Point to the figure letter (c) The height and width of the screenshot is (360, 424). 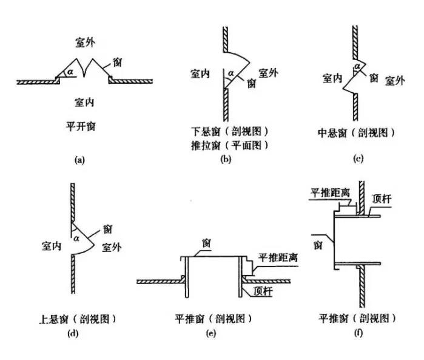pos(358,158)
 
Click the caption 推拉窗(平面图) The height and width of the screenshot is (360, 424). pos(228,144)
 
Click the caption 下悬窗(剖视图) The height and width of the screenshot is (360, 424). pos(228,131)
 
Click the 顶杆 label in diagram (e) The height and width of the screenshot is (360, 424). pos(265,290)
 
